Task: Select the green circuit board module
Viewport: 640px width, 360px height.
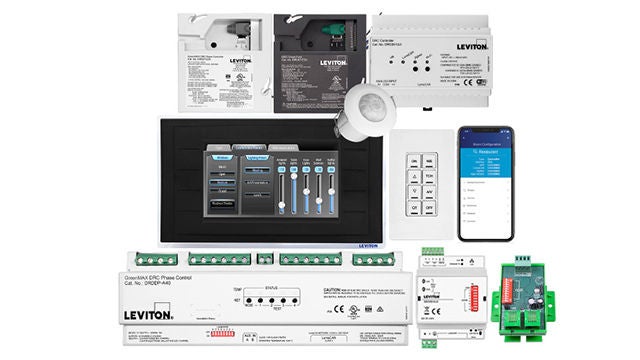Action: click(x=524, y=299)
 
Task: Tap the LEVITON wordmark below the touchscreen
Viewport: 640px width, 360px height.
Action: click(x=367, y=244)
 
